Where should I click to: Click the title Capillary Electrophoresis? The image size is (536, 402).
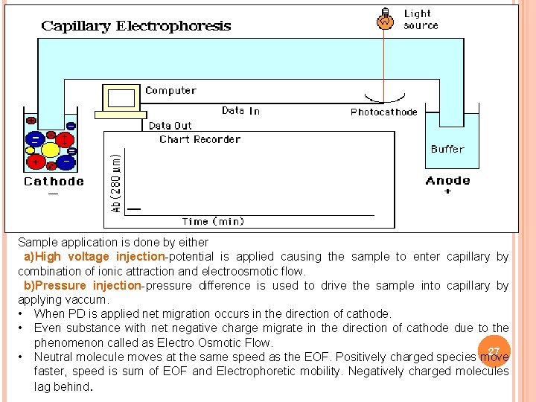pyautogui.click(x=136, y=26)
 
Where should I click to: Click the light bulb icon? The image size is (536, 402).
pyautogui.click(x=385, y=19)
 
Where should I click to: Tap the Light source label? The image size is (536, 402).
pyautogui.click(x=421, y=19)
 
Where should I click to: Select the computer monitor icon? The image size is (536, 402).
pyautogui.click(x=123, y=99)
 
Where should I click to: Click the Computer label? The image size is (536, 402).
pyautogui.click(x=170, y=91)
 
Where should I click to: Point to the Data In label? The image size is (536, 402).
pyautogui.click(x=240, y=111)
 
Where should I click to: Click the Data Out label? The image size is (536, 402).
pyautogui.click(x=170, y=126)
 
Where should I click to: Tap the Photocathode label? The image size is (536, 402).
pyautogui.click(x=383, y=112)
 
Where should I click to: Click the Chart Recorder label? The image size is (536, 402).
pyautogui.click(x=200, y=139)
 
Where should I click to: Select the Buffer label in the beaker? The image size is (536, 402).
pyautogui.click(x=447, y=149)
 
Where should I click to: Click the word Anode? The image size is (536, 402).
pyautogui.click(x=447, y=180)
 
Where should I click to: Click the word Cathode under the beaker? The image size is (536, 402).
pyautogui.click(x=54, y=181)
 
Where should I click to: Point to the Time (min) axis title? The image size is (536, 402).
pyautogui.click(x=213, y=221)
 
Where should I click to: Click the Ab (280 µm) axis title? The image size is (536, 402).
pyautogui.click(x=116, y=182)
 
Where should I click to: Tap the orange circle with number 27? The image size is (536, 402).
pyautogui.click(x=494, y=351)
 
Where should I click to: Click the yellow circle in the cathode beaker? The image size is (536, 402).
pyautogui.click(x=50, y=150)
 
